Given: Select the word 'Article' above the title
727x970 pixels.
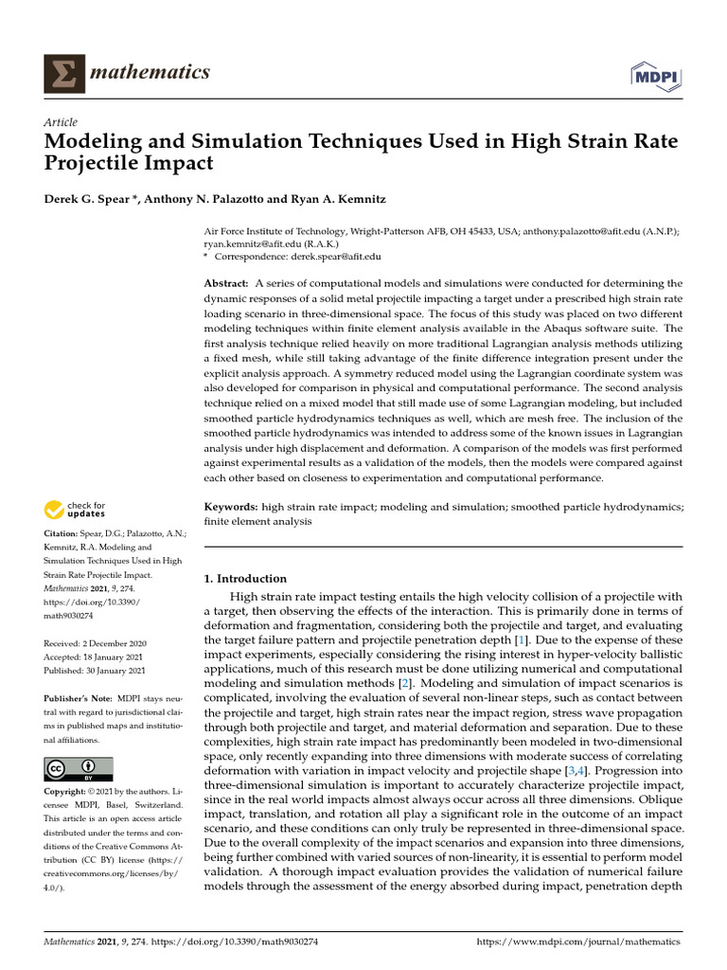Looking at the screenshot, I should point(61,122).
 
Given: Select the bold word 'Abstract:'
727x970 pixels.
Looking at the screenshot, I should point(226,283).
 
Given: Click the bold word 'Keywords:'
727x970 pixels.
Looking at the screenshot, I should point(231,508).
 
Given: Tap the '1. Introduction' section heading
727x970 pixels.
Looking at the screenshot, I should point(246,578).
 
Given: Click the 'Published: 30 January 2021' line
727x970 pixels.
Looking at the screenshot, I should point(95,670).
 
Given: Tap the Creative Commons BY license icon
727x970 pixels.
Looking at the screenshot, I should point(79,768).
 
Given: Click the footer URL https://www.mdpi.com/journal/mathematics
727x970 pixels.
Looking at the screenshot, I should point(578,943).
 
